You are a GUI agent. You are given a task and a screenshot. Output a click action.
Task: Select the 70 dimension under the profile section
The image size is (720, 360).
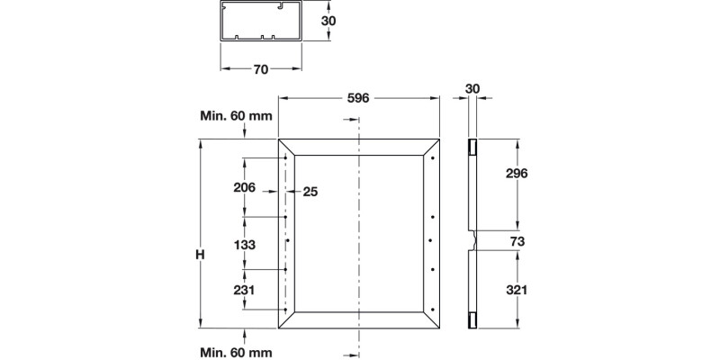pyautogui.click(x=261, y=69)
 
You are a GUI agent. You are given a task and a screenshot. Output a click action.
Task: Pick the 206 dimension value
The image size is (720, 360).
pyautogui.click(x=244, y=187)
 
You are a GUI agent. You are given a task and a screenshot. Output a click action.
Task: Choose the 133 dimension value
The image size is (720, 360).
pyautogui.click(x=244, y=244)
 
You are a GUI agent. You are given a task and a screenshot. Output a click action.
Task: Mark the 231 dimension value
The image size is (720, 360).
pyautogui.click(x=244, y=290)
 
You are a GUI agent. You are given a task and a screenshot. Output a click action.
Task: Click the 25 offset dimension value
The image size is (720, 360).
pyautogui.click(x=310, y=191)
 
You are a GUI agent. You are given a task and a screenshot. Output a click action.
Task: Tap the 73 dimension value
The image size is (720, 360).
pyautogui.click(x=517, y=241)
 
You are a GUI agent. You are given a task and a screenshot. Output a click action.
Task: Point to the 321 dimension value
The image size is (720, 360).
pyautogui.click(x=517, y=290)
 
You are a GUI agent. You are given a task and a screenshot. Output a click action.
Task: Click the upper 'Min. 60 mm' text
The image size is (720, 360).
pyautogui.click(x=237, y=116)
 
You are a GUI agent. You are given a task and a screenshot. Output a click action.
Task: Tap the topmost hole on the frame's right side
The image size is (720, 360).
pyautogui.click(x=433, y=159)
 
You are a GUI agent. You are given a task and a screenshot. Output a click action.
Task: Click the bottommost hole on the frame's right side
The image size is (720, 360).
pyautogui.click(x=433, y=300)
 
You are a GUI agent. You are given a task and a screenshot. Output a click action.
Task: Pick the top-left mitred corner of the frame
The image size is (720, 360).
pyautogui.click(x=286, y=148)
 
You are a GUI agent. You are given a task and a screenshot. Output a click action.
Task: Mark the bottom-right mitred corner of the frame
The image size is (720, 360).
pyautogui.click(x=432, y=320)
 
